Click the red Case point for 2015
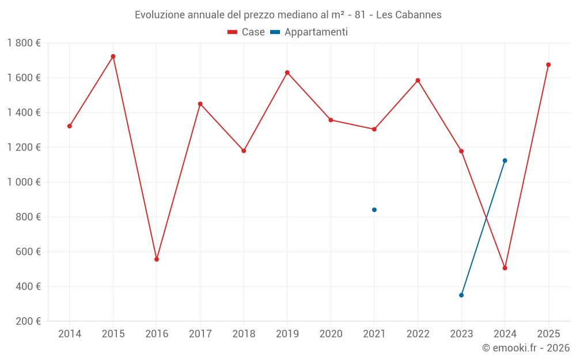113,56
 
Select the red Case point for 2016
157,259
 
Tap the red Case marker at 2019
287,73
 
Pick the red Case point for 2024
505,268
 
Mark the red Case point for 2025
548,65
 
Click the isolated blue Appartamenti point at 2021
374,210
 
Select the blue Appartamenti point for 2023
461,295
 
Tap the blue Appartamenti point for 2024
505,161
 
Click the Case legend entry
247,32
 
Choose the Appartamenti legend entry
309,32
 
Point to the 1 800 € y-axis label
24,43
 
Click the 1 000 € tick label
24,182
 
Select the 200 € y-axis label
28,321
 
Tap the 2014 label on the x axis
70,334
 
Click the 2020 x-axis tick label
331,334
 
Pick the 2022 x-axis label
418,334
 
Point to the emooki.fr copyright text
526,348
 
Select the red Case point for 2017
200,104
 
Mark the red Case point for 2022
418,80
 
